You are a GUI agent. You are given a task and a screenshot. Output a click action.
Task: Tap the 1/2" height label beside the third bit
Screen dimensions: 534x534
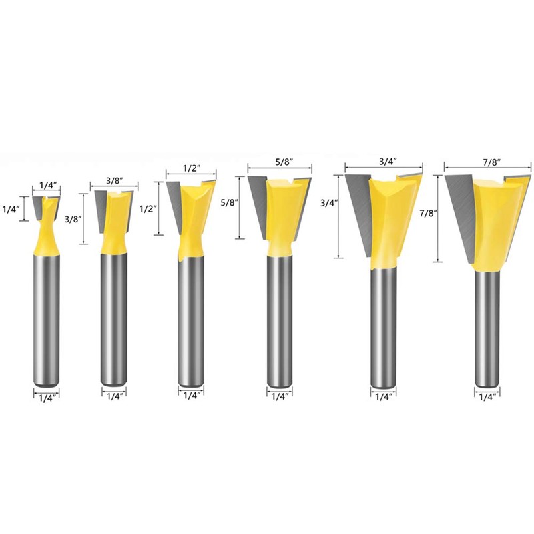point(146,208)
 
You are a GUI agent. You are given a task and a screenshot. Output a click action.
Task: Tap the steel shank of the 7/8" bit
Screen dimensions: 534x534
point(487,327)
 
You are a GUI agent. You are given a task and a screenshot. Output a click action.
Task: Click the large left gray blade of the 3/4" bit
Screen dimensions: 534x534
point(360,207)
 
